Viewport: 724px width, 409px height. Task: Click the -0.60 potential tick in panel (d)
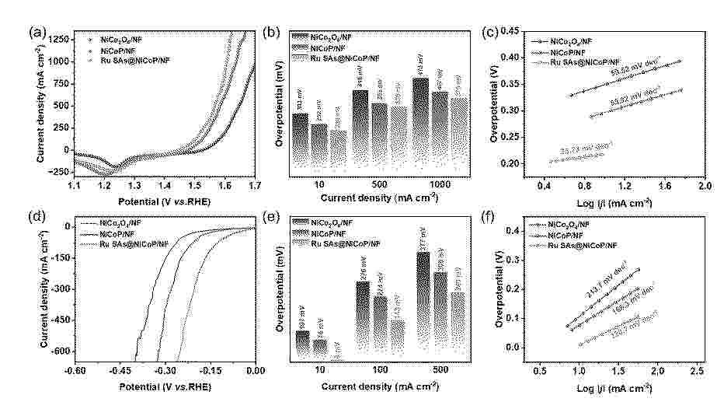coord(75,372)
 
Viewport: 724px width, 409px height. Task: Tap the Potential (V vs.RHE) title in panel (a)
coord(164,200)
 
